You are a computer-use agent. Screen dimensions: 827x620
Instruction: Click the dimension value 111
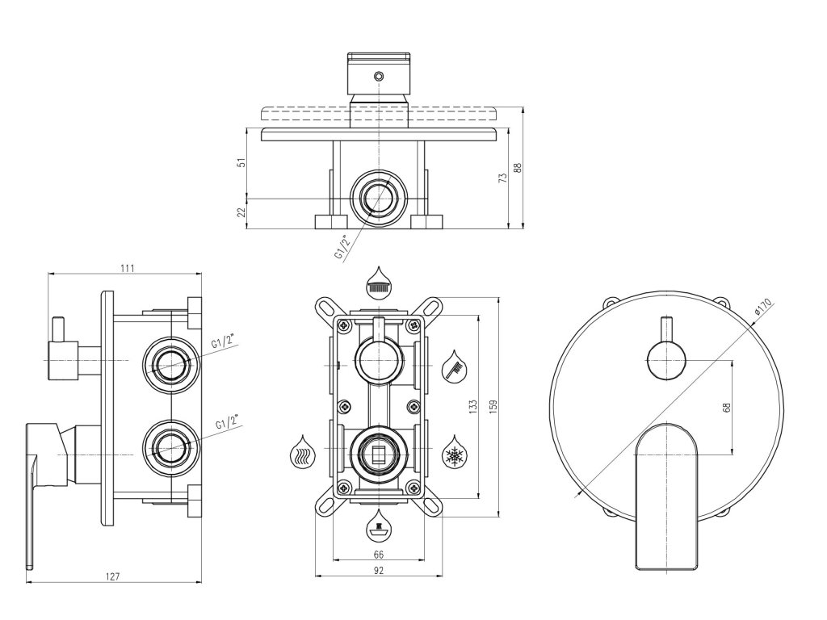click(126, 269)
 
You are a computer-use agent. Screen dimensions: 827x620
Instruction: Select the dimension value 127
click(113, 576)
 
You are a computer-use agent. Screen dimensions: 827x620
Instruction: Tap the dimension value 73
click(502, 177)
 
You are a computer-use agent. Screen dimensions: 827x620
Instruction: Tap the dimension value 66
click(378, 554)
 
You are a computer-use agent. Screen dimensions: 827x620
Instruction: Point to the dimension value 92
click(378, 571)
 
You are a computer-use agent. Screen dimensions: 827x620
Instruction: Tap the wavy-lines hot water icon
click(302, 453)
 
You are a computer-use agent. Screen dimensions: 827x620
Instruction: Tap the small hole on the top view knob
click(378, 75)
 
